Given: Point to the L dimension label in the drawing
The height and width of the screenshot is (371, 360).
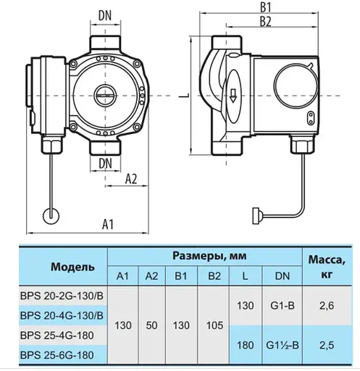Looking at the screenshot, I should [187, 94].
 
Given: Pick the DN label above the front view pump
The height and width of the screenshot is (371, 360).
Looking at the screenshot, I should [106, 15].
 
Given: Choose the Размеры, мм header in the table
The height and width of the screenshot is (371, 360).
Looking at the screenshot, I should [204, 256].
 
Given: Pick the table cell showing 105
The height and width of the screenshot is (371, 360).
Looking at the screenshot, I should [214, 325].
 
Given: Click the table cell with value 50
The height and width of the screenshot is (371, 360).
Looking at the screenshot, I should [152, 325].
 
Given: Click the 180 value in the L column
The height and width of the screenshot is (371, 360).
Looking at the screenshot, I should [244, 345].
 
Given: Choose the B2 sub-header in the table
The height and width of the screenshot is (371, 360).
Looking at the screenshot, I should [214, 276].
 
